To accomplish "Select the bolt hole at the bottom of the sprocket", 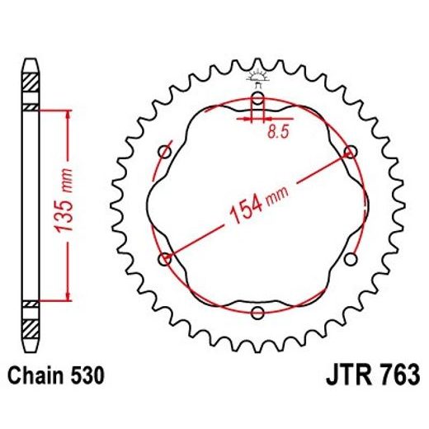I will (258, 312).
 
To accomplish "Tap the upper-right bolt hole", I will (352, 152).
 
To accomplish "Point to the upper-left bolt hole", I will (163, 150).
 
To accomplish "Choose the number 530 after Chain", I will (87, 375).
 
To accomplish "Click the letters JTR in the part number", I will (338, 375).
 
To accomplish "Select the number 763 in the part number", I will (392, 375).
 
